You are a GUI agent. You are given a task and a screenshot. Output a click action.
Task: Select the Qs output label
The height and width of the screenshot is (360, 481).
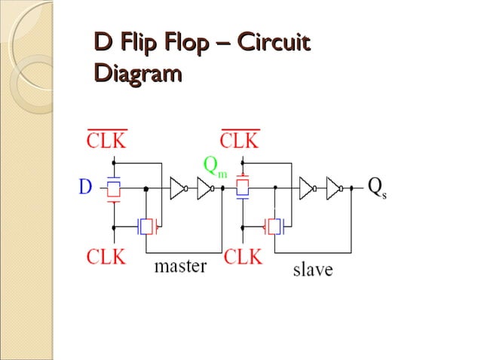pos(377,188)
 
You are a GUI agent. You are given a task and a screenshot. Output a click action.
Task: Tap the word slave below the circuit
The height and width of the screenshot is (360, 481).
pos(312,269)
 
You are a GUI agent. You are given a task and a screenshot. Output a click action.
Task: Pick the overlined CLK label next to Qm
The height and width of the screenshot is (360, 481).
pos(240,140)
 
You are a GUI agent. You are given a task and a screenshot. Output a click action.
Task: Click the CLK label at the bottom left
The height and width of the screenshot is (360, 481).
pos(106,257)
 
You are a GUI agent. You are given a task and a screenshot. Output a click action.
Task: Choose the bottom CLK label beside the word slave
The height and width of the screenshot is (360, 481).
pos(242,257)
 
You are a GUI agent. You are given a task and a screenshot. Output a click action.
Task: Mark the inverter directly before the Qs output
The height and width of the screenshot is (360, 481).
pos(334,188)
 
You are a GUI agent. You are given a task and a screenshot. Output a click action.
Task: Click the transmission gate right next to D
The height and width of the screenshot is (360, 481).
pos(114,188)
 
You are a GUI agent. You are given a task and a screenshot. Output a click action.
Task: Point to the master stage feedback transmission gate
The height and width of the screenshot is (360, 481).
pos(146,226)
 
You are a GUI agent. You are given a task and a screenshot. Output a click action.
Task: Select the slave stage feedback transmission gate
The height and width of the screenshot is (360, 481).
pos(274,226)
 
